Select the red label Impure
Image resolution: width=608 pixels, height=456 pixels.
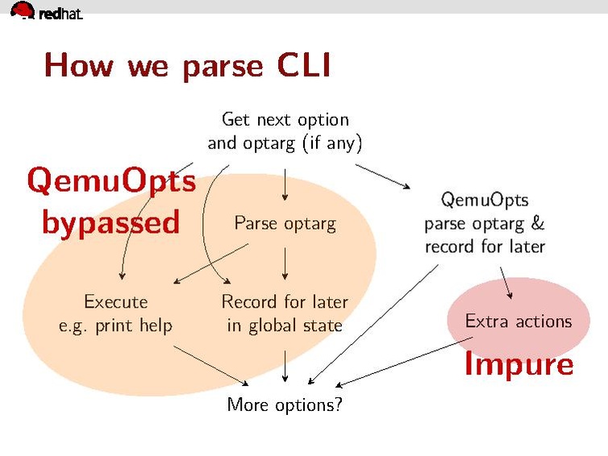coord(518,365)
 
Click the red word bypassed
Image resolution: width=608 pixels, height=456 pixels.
coord(110,222)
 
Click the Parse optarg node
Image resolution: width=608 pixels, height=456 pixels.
coord(285,223)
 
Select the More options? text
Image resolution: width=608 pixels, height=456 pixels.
coord(285,404)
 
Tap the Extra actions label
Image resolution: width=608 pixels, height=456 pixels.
coord(518,321)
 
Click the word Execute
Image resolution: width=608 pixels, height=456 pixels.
coord(116,301)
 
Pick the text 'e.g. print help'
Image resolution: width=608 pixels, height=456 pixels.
coord(116,325)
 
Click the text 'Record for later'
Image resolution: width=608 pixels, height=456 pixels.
coord(285,301)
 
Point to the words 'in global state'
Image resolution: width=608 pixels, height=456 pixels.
coord(285,325)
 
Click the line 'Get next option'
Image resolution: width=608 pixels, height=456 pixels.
coord(285,119)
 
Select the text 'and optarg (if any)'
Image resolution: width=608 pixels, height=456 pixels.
coord(285,143)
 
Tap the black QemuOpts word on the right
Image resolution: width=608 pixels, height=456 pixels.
coord(485,199)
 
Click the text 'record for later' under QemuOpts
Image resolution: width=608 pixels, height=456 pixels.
coord(485,247)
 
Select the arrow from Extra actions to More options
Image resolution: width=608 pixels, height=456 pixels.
coord(403,362)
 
